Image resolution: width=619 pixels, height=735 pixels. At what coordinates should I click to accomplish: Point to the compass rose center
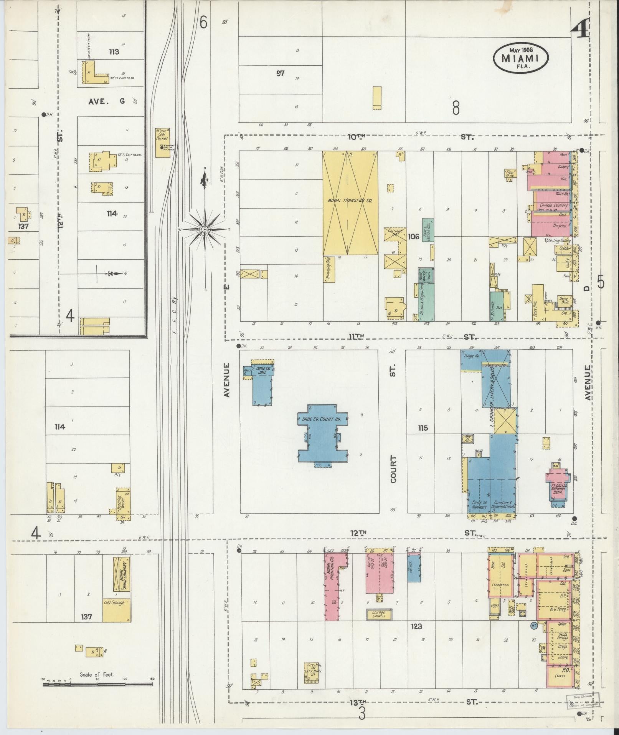tap(205, 229)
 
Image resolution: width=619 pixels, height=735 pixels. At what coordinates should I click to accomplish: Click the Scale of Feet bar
tap(97, 684)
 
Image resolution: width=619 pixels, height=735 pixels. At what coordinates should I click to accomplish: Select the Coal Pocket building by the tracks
tap(162, 143)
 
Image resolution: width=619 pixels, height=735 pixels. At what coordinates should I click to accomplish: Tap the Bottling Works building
tap(124, 501)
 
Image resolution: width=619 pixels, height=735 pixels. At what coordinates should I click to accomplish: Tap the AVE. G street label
tap(106, 101)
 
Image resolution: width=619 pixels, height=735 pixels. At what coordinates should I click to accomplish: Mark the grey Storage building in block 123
tap(379, 625)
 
